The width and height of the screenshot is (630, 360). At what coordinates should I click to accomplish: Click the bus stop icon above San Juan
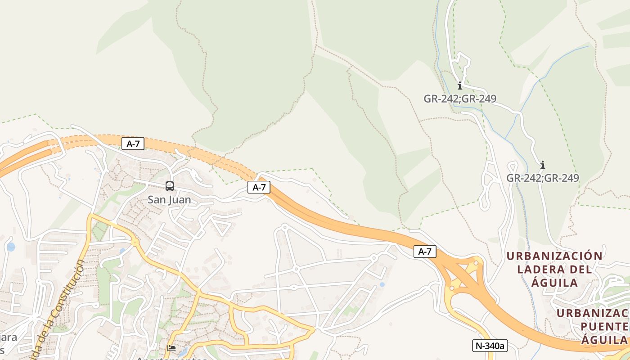pos(170,186)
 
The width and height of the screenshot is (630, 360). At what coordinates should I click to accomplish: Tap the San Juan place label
pos(169,200)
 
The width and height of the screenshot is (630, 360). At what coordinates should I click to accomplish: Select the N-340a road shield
pos(490,346)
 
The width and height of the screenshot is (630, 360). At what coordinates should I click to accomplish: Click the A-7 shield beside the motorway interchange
pos(425,252)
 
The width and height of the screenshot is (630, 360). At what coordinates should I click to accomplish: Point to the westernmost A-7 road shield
pos(133,144)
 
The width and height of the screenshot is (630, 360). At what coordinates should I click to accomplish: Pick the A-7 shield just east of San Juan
pos(259,188)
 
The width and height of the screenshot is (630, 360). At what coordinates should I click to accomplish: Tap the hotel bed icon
pos(171,348)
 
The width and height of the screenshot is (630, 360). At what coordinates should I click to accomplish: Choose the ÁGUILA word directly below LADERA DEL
pos(554,283)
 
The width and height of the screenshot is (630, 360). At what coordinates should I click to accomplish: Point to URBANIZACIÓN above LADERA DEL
pos(554,256)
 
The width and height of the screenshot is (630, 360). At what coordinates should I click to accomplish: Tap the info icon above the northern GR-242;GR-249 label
pos(459,85)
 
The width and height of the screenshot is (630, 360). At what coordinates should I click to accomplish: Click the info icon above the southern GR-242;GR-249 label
pos(542,165)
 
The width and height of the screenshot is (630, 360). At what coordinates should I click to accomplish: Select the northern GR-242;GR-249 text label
pos(459,99)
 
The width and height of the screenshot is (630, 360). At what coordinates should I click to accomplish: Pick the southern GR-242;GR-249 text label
pos(542,178)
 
